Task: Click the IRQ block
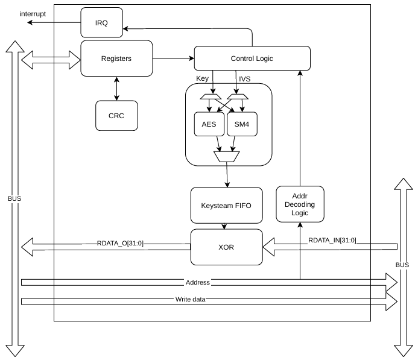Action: [x=101, y=23]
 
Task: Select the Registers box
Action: [x=116, y=58]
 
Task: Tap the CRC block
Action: [x=116, y=116]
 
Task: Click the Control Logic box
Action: [x=252, y=58]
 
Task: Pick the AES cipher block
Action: [x=209, y=124]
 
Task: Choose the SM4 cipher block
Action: [x=242, y=124]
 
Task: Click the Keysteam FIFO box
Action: [x=227, y=206]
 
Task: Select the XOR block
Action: [x=227, y=247]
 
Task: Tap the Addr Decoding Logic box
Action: [x=300, y=204]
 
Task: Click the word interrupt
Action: [x=33, y=14]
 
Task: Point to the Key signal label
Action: [x=202, y=78]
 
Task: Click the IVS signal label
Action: [x=245, y=79]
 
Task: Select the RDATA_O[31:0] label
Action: [x=120, y=243]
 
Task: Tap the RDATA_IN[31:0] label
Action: [x=332, y=241]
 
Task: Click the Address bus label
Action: [x=198, y=282]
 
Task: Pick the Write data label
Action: [x=191, y=300]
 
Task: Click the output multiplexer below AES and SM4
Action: [x=227, y=157]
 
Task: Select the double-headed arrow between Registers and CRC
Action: [x=116, y=89]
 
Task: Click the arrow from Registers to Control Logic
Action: [x=174, y=58]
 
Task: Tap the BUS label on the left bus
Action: [x=14, y=199]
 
